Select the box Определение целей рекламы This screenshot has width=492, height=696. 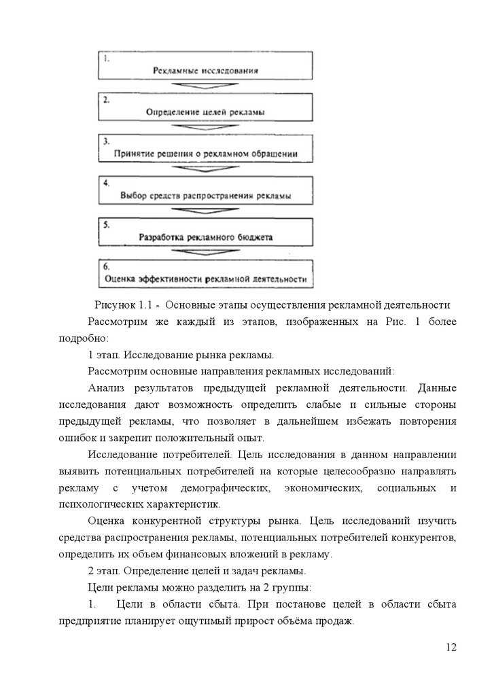click(205, 107)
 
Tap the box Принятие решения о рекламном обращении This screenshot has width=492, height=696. click(205, 149)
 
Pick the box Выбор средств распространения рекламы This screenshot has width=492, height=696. click(205, 191)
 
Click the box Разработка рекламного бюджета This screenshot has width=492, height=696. click(205, 232)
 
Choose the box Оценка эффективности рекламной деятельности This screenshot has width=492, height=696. click(205, 273)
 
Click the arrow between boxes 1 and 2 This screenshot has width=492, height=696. click(205, 86)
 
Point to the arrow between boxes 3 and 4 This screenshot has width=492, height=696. click(205, 170)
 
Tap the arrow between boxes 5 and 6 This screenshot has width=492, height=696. click(205, 253)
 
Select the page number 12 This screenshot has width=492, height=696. click(451, 646)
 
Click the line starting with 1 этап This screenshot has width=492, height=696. click(181, 355)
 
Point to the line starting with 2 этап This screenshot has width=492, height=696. click(197, 570)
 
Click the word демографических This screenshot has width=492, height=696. click(227, 489)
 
